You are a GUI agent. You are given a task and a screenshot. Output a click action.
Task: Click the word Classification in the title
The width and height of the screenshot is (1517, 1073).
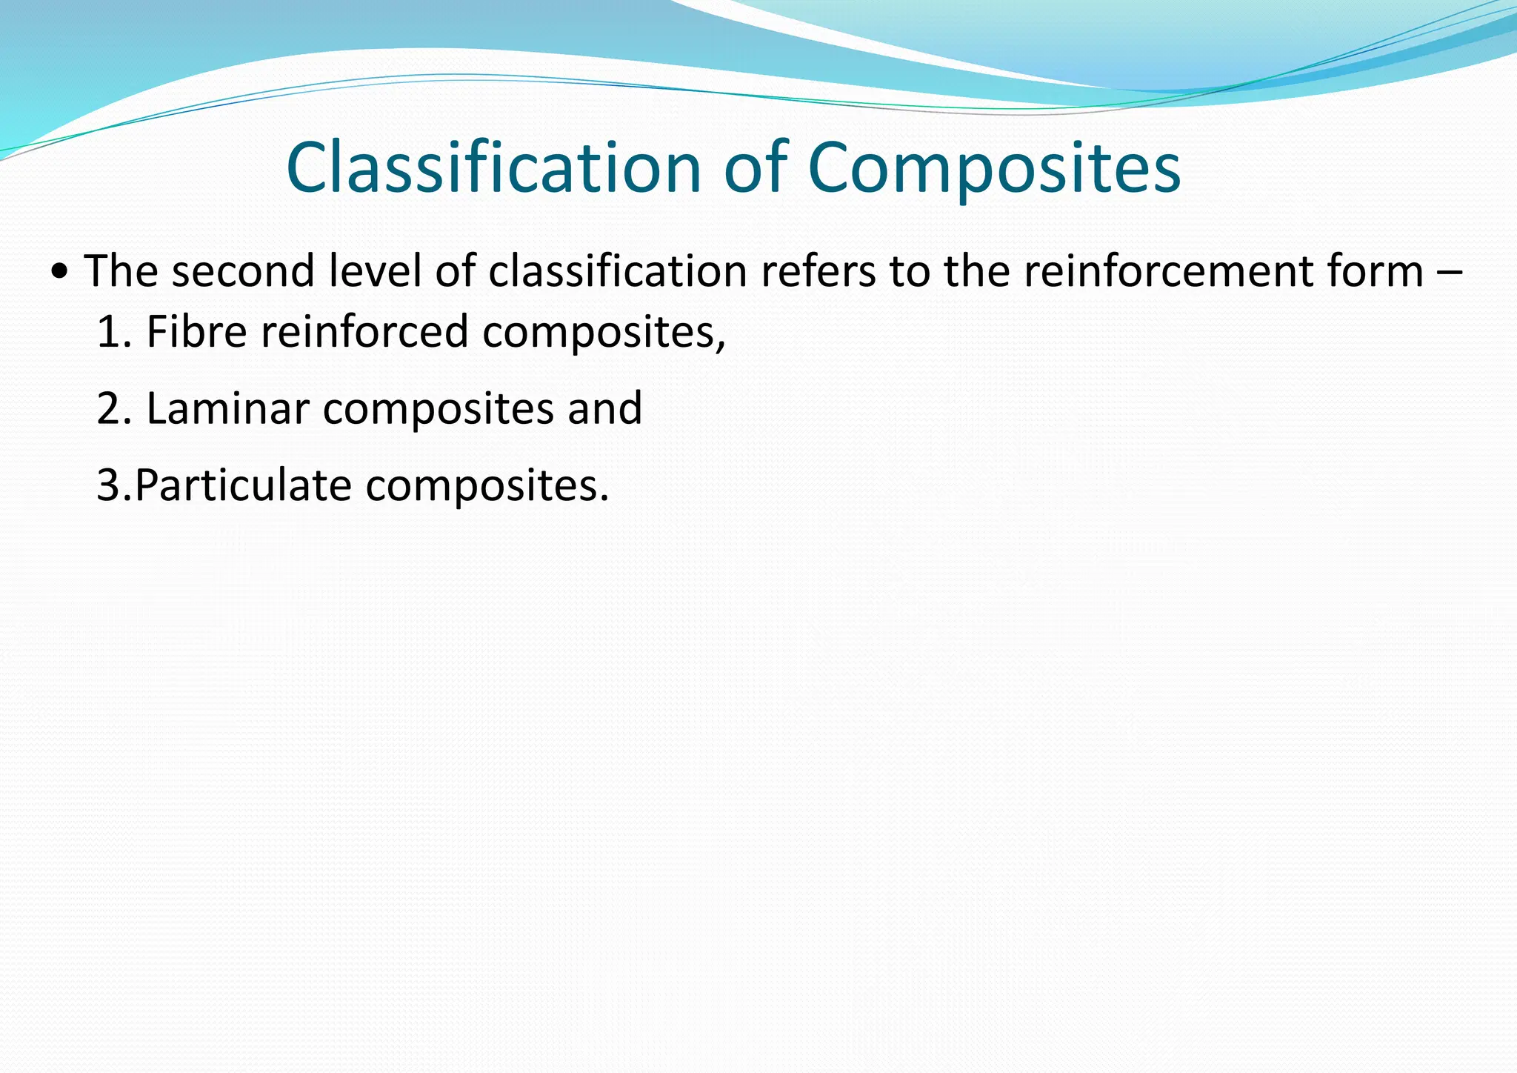tap(493, 168)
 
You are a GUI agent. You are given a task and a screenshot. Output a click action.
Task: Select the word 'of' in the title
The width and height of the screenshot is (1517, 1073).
tap(756, 168)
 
